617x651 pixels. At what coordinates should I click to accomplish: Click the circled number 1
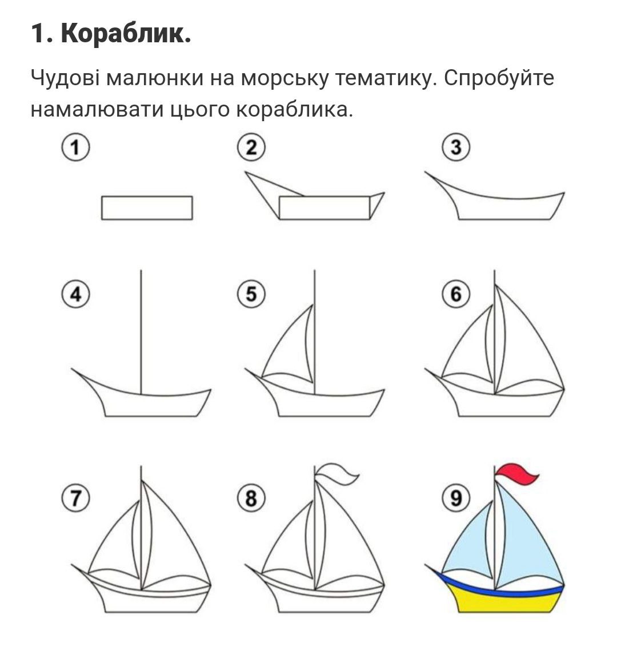tap(75, 148)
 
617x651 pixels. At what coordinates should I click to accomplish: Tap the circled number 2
tap(251, 148)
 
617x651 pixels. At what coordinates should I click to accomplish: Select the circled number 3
tap(455, 148)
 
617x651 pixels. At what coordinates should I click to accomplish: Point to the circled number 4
tap(75, 295)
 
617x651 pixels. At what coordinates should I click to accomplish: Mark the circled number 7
tap(75, 498)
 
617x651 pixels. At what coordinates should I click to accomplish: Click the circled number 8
tap(251, 498)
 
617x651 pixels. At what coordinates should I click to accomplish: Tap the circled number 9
tap(455, 498)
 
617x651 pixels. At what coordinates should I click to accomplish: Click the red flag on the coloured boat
tap(515, 474)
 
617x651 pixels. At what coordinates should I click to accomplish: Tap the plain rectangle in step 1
tap(147, 207)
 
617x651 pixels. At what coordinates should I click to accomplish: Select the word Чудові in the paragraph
tap(65, 78)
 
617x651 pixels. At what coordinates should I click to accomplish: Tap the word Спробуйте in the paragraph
tap(499, 78)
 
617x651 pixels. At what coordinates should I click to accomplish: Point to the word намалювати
tap(97, 110)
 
